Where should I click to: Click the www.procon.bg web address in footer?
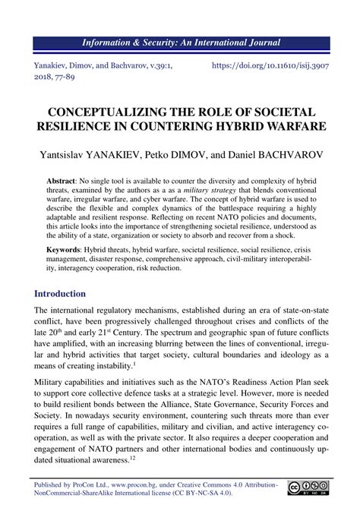click(x=133, y=486)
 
